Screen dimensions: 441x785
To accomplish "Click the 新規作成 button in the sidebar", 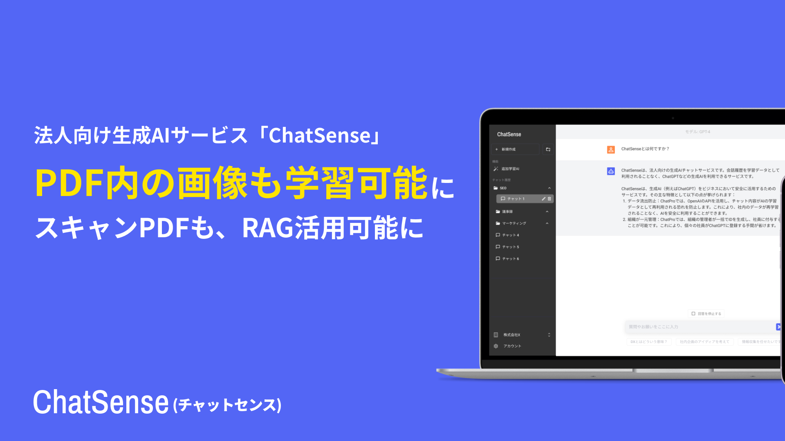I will (516, 149).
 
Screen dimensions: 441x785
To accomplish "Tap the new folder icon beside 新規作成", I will (548, 149).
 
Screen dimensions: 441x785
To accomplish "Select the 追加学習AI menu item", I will (510, 169).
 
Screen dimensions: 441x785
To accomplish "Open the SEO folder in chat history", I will (503, 188).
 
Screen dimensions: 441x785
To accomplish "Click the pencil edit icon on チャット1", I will (543, 199).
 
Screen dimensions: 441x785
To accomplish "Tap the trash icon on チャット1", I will (549, 199).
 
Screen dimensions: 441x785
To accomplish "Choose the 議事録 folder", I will (507, 212).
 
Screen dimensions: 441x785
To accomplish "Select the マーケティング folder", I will (514, 223).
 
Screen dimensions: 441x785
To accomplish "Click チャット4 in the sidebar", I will (510, 235).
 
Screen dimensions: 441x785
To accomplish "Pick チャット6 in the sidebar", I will (510, 259).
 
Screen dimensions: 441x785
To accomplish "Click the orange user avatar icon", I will (611, 149).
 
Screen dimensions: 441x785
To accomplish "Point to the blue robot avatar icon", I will (611, 171).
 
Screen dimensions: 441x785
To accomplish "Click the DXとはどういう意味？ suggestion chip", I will (648, 342).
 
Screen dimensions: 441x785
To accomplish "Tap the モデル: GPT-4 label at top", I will (698, 132).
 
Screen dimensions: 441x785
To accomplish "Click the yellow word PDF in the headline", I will (69, 183).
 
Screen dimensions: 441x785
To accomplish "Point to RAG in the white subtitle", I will (267, 228).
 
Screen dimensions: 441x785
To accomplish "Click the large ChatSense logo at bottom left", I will (101, 402).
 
